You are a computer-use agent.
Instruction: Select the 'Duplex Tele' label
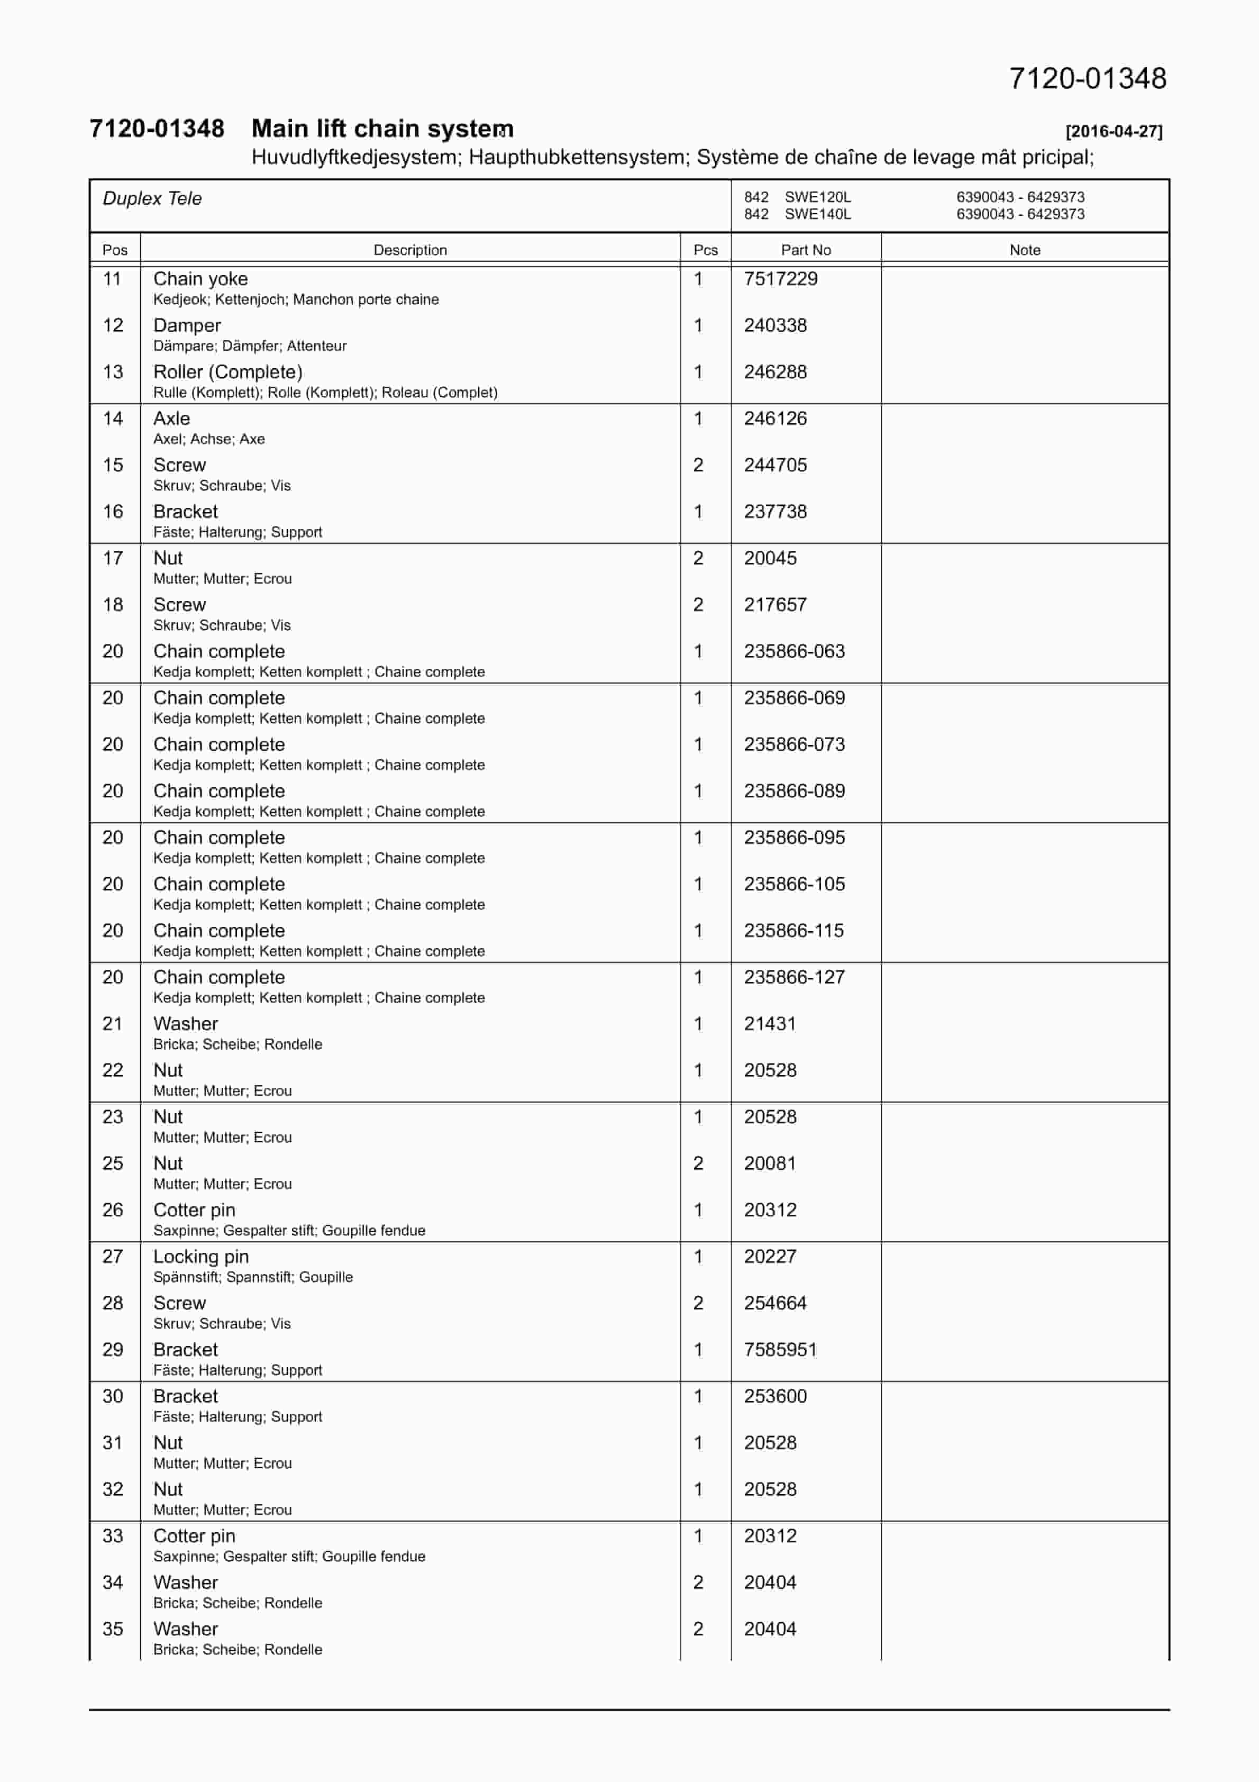click(x=152, y=199)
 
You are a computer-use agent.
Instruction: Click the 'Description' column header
click(x=410, y=250)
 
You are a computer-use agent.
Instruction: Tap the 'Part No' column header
click(x=806, y=250)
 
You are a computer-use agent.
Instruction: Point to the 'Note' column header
click(x=1025, y=250)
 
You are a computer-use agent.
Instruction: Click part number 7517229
click(x=780, y=279)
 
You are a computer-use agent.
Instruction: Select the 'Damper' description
click(x=187, y=325)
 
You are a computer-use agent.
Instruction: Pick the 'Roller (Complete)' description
click(x=227, y=372)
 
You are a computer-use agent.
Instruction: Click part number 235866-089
click(x=794, y=791)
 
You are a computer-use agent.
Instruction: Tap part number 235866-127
click(x=794, y=977)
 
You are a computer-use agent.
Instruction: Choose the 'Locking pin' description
click(x=201, y=1257)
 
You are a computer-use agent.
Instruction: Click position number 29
click(x=113, y=1350)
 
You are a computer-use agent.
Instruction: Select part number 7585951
click(x=780, y=1350)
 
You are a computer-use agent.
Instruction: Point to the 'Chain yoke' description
click(x=200, y=279)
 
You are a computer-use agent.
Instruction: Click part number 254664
click(x=774, y=1303)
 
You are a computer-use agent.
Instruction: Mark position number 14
click(x=113, y=419)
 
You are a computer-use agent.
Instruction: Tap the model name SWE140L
click(x=817, y=214)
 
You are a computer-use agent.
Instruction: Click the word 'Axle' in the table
click(x=171, y=419)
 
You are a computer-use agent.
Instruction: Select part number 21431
click(x=769, y=1024)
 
